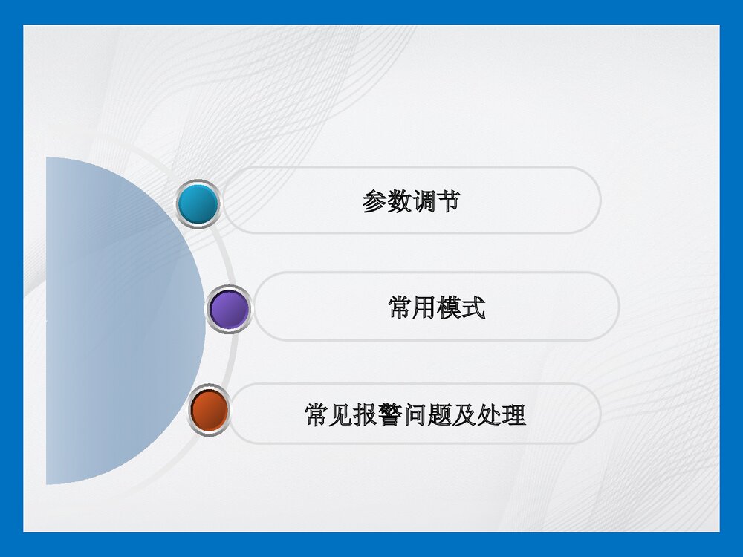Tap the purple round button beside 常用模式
point(229,309)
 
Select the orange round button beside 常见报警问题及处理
point(210,410)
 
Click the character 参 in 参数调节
point(374,201)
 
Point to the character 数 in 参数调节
point(399,201)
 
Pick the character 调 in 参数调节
point(424,201)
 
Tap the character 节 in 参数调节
point(448,201)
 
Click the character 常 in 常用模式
point(400,307)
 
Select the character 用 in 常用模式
point(424,307)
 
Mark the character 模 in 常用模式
point(449,307)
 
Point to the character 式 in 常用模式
point(473,307)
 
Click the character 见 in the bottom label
point(341,414)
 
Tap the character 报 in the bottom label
point(366,414)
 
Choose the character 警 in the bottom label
point(390,414)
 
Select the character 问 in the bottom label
point(415,414)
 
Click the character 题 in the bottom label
point(440,414)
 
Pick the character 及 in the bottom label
point(464,414)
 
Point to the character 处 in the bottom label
point(489,414)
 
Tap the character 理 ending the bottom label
point(513,414)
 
